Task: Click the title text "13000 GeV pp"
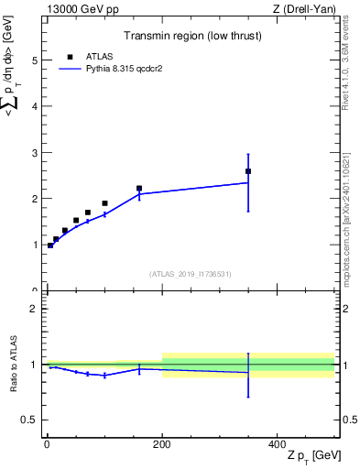(77, 9)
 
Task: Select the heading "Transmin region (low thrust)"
(191, 38)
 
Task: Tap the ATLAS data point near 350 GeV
(248, 171)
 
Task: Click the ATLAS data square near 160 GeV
(139, 189)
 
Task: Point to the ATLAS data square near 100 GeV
(104, 203)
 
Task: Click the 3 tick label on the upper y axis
(34, 153)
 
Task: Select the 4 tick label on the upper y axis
(34, 106)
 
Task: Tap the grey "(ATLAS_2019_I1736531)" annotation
(191, 274)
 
